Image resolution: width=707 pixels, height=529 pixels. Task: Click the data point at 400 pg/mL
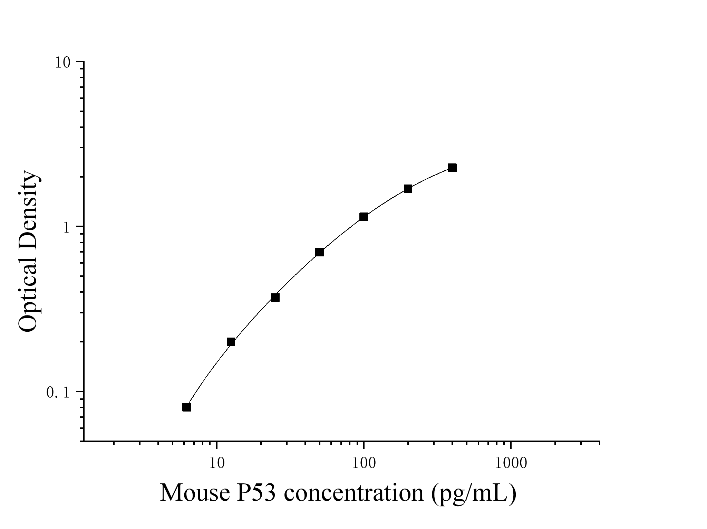(452, 168)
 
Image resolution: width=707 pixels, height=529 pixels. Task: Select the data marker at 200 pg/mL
(408, 189)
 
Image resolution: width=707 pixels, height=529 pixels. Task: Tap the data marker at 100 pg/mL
(364, 217)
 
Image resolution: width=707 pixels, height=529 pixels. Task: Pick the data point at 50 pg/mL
(319, 252)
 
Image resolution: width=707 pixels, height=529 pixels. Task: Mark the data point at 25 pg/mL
(275, 297)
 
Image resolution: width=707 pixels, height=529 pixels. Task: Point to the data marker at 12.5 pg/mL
(231, 342)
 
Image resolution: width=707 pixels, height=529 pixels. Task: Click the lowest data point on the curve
(186, 407)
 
